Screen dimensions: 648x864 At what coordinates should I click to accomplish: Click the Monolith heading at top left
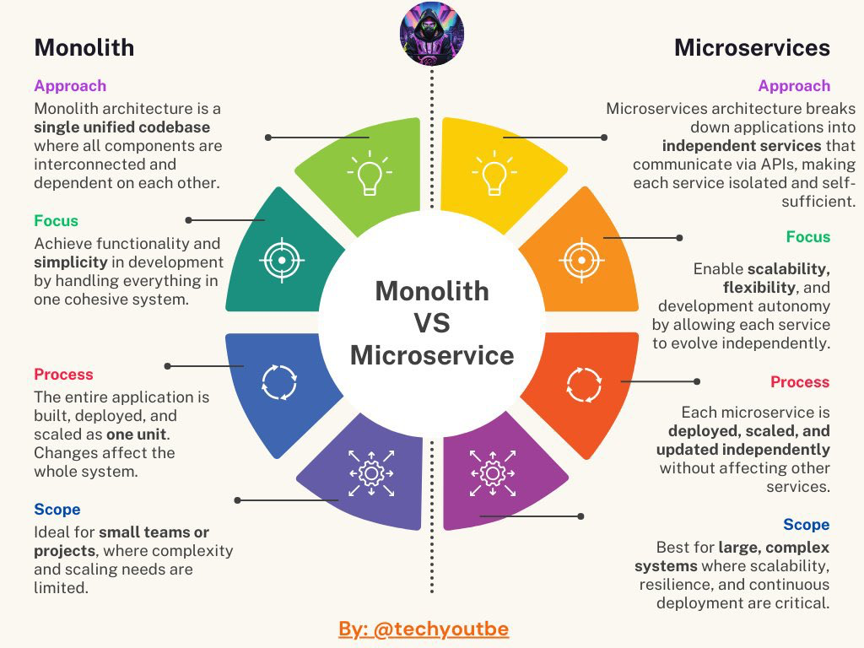coord(84,47)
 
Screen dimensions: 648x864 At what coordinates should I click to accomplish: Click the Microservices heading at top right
coord(752,47)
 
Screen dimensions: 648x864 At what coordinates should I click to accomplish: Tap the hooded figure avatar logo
coord(432,34)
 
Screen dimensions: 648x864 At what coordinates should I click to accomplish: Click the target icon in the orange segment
coord(582,259)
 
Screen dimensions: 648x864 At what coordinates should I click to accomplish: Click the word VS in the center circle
coord(432,322)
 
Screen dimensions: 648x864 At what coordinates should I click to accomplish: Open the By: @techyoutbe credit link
coord(424,629)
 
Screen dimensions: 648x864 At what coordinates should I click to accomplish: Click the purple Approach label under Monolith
coord(70,86)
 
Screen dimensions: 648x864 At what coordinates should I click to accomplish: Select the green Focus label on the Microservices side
coord(808,237)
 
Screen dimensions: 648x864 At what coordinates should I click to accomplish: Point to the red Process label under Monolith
coord(63,375)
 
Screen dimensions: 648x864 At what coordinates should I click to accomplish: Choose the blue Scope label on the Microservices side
coord(807,525)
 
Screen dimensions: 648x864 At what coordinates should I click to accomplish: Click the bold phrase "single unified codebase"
coord(121,127)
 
